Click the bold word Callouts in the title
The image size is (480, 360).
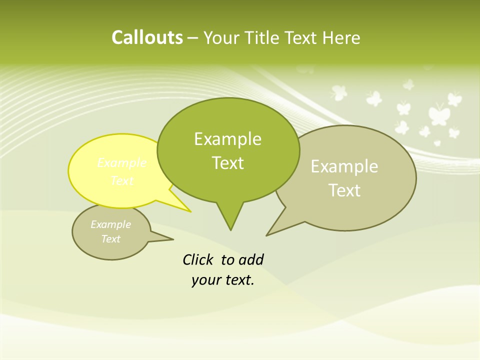pyautogui.click(x=147, y=38)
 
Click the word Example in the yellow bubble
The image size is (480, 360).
pyautogui.click(x=121, y=163)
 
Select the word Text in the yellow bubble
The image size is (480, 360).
pyautogui.click(x=121, y=180)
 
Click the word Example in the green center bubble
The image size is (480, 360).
pyautogui.click(x=227, y=139)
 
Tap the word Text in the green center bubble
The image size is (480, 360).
pyautogui.click(x=227, y=163)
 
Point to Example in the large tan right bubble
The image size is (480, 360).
pyautogui.click(x=344, y=166)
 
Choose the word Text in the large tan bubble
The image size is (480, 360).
pyautogui.click(x=344, y=190)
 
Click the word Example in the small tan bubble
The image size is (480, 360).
pyautogui.click(x=110, y=224)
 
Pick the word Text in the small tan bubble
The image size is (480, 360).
pyautogui.click(x=110, y=239)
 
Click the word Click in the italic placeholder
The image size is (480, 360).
pyautogui.click(x=198, y=259)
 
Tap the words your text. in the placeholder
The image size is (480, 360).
pyautogui.click(x=223, y=280)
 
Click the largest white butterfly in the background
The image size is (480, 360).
pyautogui.click(x=438, y=114)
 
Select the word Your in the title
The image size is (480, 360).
pyautogui.click(x=220, y=38)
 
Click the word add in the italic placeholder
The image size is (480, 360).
pyautogui.click(x=250, y=259)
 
